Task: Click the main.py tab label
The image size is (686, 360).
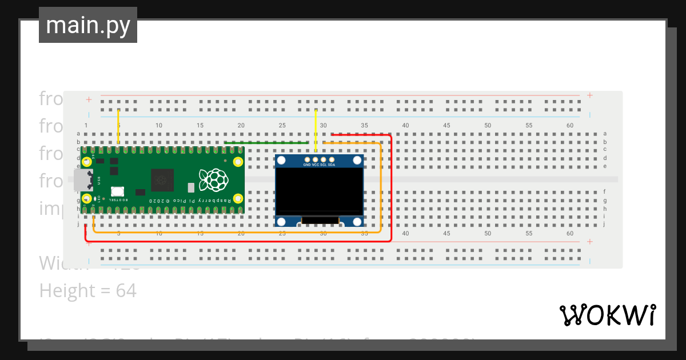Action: [87, 25]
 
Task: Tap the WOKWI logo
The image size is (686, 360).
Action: [607, 315]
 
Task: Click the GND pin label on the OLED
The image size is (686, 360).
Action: [307, 165]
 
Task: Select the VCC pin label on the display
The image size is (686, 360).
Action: [316, 165]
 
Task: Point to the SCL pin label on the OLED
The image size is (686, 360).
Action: [324, 165]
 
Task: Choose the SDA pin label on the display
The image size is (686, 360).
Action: [332, 165]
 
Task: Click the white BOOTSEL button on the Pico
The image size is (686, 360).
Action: [118, 191]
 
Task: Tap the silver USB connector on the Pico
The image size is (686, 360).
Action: [83, 179]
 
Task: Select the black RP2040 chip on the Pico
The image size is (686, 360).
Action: [162, 181]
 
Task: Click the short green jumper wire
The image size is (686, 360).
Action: [266, 142]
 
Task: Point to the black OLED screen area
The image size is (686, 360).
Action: [319, 191]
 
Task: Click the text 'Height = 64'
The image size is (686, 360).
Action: [87, 291]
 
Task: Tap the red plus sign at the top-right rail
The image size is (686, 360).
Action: [589, 95]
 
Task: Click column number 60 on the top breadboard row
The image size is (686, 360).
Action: [570, 125]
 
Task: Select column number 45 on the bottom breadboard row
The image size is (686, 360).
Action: [446, 233]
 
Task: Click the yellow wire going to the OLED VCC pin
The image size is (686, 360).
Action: [316, 131]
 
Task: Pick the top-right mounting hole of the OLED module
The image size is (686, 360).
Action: [357, 161]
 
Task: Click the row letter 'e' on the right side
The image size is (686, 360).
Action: [604, 166]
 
